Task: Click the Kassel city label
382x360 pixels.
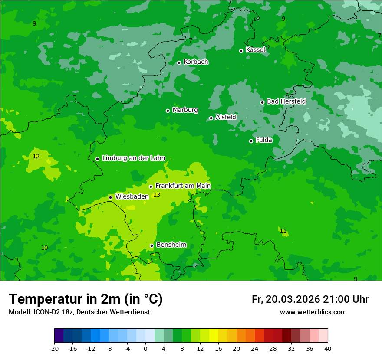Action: (255, 50)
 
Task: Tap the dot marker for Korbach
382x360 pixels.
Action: (179, 62)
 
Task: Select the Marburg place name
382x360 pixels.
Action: (185, 110)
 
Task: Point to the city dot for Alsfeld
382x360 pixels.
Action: (211, 118)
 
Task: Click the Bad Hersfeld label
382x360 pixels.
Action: (286, 101)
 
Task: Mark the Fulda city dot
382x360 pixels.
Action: (251, 141)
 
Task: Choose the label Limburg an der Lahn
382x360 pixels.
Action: (134, 158)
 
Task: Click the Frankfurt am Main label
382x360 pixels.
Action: (183, 186)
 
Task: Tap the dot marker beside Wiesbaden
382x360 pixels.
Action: (111, 197)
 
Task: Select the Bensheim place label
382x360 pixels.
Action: (171, 245)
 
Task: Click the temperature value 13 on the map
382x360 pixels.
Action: (157, 195)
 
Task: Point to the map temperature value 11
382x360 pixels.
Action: (283, 231)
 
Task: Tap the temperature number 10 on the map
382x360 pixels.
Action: (44, 248)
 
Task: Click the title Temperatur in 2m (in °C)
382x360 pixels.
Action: (86, 299)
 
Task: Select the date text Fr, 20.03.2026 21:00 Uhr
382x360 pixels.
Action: (310, 300)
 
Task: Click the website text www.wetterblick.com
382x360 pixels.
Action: (313, 312)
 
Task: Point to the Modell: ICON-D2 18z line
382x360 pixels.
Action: (79, 312)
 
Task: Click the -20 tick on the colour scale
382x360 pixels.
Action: (54, 348)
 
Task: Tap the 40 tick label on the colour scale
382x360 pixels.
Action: (327, 348)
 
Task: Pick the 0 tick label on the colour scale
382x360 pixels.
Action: (145, 348)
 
